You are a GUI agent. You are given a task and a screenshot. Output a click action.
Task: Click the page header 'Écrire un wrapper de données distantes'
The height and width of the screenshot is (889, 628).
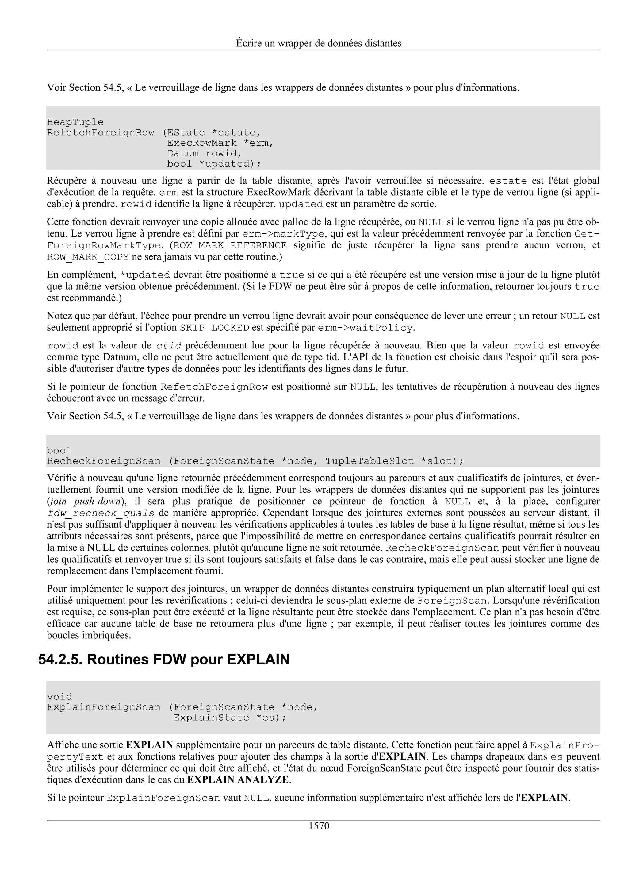point(319,43)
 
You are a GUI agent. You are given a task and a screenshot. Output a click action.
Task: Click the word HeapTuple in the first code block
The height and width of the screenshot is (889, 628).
point(75,122)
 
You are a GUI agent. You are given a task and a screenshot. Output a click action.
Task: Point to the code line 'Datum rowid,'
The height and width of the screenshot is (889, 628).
point(204,154)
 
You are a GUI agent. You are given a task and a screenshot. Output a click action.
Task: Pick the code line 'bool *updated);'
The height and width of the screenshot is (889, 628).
point(214,164)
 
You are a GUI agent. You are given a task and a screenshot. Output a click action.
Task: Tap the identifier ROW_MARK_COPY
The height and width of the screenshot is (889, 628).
point(88,257)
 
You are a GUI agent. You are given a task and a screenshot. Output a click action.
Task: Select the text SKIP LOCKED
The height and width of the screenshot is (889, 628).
point(214,328)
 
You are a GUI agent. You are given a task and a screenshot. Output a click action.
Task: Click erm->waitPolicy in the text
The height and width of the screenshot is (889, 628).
point(365,328)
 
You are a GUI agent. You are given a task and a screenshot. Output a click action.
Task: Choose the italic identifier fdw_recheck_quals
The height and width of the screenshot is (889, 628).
point(101,514)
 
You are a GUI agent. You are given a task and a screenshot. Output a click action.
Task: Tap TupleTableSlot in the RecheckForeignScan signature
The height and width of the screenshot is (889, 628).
point(369,461)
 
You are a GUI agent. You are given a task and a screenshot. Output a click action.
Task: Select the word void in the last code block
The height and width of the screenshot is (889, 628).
point(59,697)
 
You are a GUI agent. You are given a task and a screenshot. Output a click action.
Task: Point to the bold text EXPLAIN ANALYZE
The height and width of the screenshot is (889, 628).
point(238,779)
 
